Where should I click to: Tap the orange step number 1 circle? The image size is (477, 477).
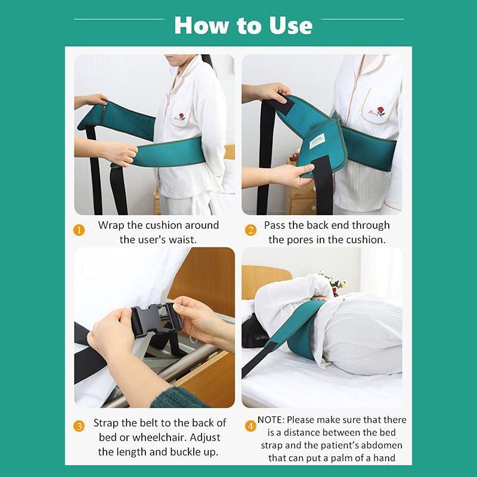[x=79, y=230]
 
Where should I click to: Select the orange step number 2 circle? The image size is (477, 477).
[x=250, y=230]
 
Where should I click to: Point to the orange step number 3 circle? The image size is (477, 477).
[x=79, y=426]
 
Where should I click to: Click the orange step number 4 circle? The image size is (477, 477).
[x=250, y=426]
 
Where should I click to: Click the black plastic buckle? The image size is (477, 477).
[x=156, y=320]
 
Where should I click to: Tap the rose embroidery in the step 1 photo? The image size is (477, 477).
[x=182, y=117]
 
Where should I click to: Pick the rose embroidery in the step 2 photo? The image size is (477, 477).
[x=380, y=111]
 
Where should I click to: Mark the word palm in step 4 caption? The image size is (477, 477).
[x=339, y=458]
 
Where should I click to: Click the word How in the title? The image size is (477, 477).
[x=201, y=26]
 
